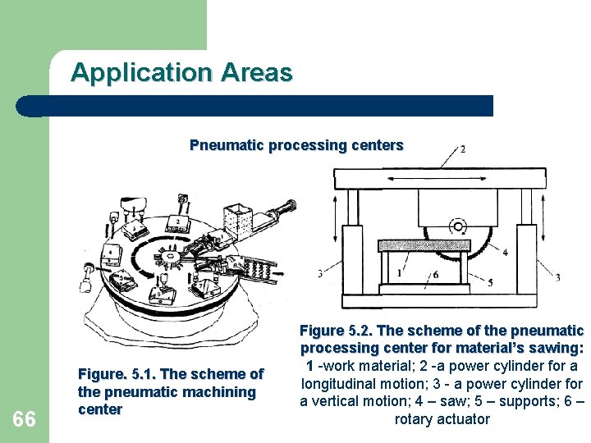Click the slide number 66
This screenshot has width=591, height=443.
pyautogui.click(x=25, y=420)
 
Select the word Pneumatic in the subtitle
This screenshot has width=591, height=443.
pyautogui.click(x=222, y=145)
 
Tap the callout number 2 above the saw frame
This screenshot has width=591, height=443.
pyautogui.click(x=463, y=148)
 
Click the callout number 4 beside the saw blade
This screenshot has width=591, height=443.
pyautogui.click(x=505, y=253)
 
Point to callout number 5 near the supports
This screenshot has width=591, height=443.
pyautogui.click(x=490, y=283)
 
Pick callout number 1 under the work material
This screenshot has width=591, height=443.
pyautogui.click(x=400, y=272)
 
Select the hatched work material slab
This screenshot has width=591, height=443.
pyautogui.click(x=424, y=245)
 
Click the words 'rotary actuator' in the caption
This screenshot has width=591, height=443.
pyautogui.click(x=442, y=419)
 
